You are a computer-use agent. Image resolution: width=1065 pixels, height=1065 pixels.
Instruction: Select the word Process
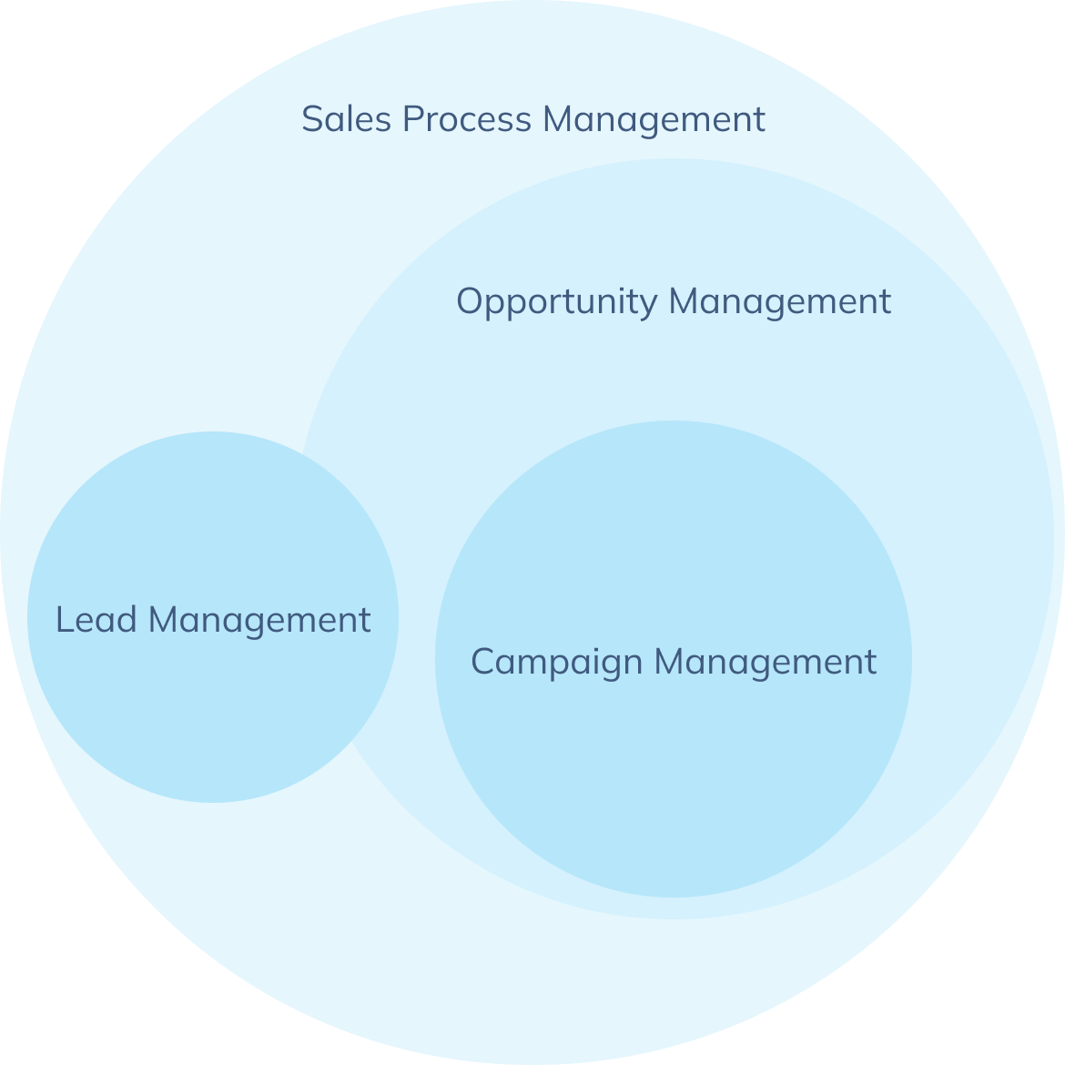[466, 119]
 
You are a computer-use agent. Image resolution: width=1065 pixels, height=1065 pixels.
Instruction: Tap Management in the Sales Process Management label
[654, 119]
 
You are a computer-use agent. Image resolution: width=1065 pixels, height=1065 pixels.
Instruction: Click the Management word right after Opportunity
[780, 301]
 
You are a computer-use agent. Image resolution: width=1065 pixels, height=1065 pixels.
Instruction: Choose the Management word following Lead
[259, 621]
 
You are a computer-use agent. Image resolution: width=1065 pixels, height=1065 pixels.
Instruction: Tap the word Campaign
[556, 663]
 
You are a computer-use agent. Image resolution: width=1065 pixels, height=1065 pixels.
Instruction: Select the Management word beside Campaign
[766, 662]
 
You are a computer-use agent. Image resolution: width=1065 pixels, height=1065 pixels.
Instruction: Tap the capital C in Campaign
[482, 662]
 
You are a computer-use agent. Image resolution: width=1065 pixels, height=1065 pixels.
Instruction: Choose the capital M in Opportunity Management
[685, 301]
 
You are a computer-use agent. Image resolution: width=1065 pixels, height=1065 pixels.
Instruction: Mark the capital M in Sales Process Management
[558, 119]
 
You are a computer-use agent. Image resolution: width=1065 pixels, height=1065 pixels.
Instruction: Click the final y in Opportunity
[649, 305]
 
